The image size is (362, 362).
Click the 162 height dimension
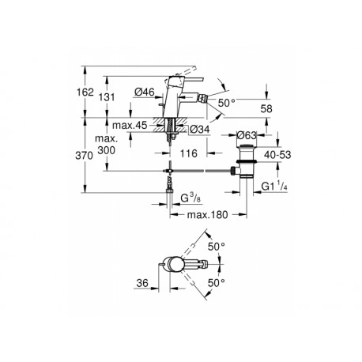(x=85, y=92)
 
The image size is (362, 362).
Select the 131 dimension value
(x=107, y=97)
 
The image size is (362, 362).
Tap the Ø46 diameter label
(x=144, y=92)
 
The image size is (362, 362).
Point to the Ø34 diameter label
(x=200, y=129)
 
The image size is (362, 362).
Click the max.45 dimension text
(x=130, y=126)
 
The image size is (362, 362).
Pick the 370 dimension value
(x=85, y=156)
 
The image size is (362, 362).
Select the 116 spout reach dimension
(x=189, y=153)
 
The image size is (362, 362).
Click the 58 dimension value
(x=266, y=108)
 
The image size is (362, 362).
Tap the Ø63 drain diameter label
(x=247, y=135)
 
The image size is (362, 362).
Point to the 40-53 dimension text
(x=277, y=155)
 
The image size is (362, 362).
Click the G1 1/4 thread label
(x=274, y=187)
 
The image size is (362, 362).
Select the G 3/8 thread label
(x=190, y=198)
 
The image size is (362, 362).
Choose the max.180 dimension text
(x=207, y=215)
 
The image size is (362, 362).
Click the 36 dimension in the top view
(x=142, y=283)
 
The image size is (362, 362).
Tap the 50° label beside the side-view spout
(x=226, y=103)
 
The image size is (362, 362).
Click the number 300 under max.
(x=107, y=150)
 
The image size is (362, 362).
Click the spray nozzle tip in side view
(x=204, y=100)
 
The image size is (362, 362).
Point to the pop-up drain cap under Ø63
(x=247, y=146)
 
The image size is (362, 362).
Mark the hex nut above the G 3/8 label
(x=170, y=190)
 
